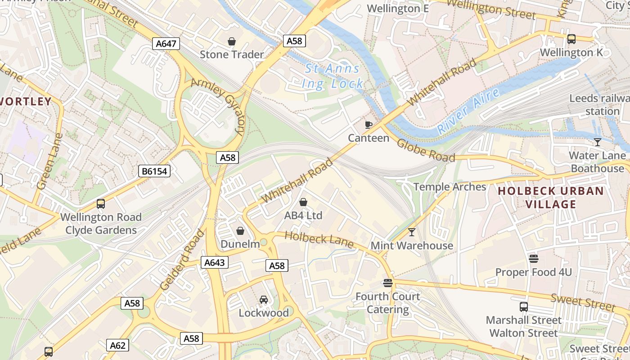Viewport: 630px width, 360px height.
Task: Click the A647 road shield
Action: click(x=166, y=44)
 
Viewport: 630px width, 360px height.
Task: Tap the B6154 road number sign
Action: click(x=154, y=171)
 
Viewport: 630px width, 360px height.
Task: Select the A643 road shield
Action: click(x=214, y=263)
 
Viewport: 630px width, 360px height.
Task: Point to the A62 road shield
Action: click(x=118, y=346)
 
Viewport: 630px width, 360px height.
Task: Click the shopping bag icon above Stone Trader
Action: click(x=232, y=42)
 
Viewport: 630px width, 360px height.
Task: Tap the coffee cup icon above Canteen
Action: click(x=369, y=125)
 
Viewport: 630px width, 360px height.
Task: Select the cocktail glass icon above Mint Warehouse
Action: click(x=411, y=232)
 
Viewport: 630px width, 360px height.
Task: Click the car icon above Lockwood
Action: click(x=264, y=300)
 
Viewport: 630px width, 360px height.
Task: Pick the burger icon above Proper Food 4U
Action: click(x=534, y=259)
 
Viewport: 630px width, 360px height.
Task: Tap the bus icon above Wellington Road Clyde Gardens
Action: click(x=101, y=204)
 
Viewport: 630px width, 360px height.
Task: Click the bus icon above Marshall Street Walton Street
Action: click(x=524, y=307)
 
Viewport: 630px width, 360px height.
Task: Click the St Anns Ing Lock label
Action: click(x=333, y=76)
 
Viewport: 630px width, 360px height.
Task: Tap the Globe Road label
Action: click(x=426, y=150)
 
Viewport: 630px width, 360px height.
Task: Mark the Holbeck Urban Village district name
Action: click(x=551, y=198)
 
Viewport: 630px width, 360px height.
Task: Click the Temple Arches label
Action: click(x=450, y=187)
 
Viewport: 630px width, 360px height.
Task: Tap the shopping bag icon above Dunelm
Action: click(x=240, y=231)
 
